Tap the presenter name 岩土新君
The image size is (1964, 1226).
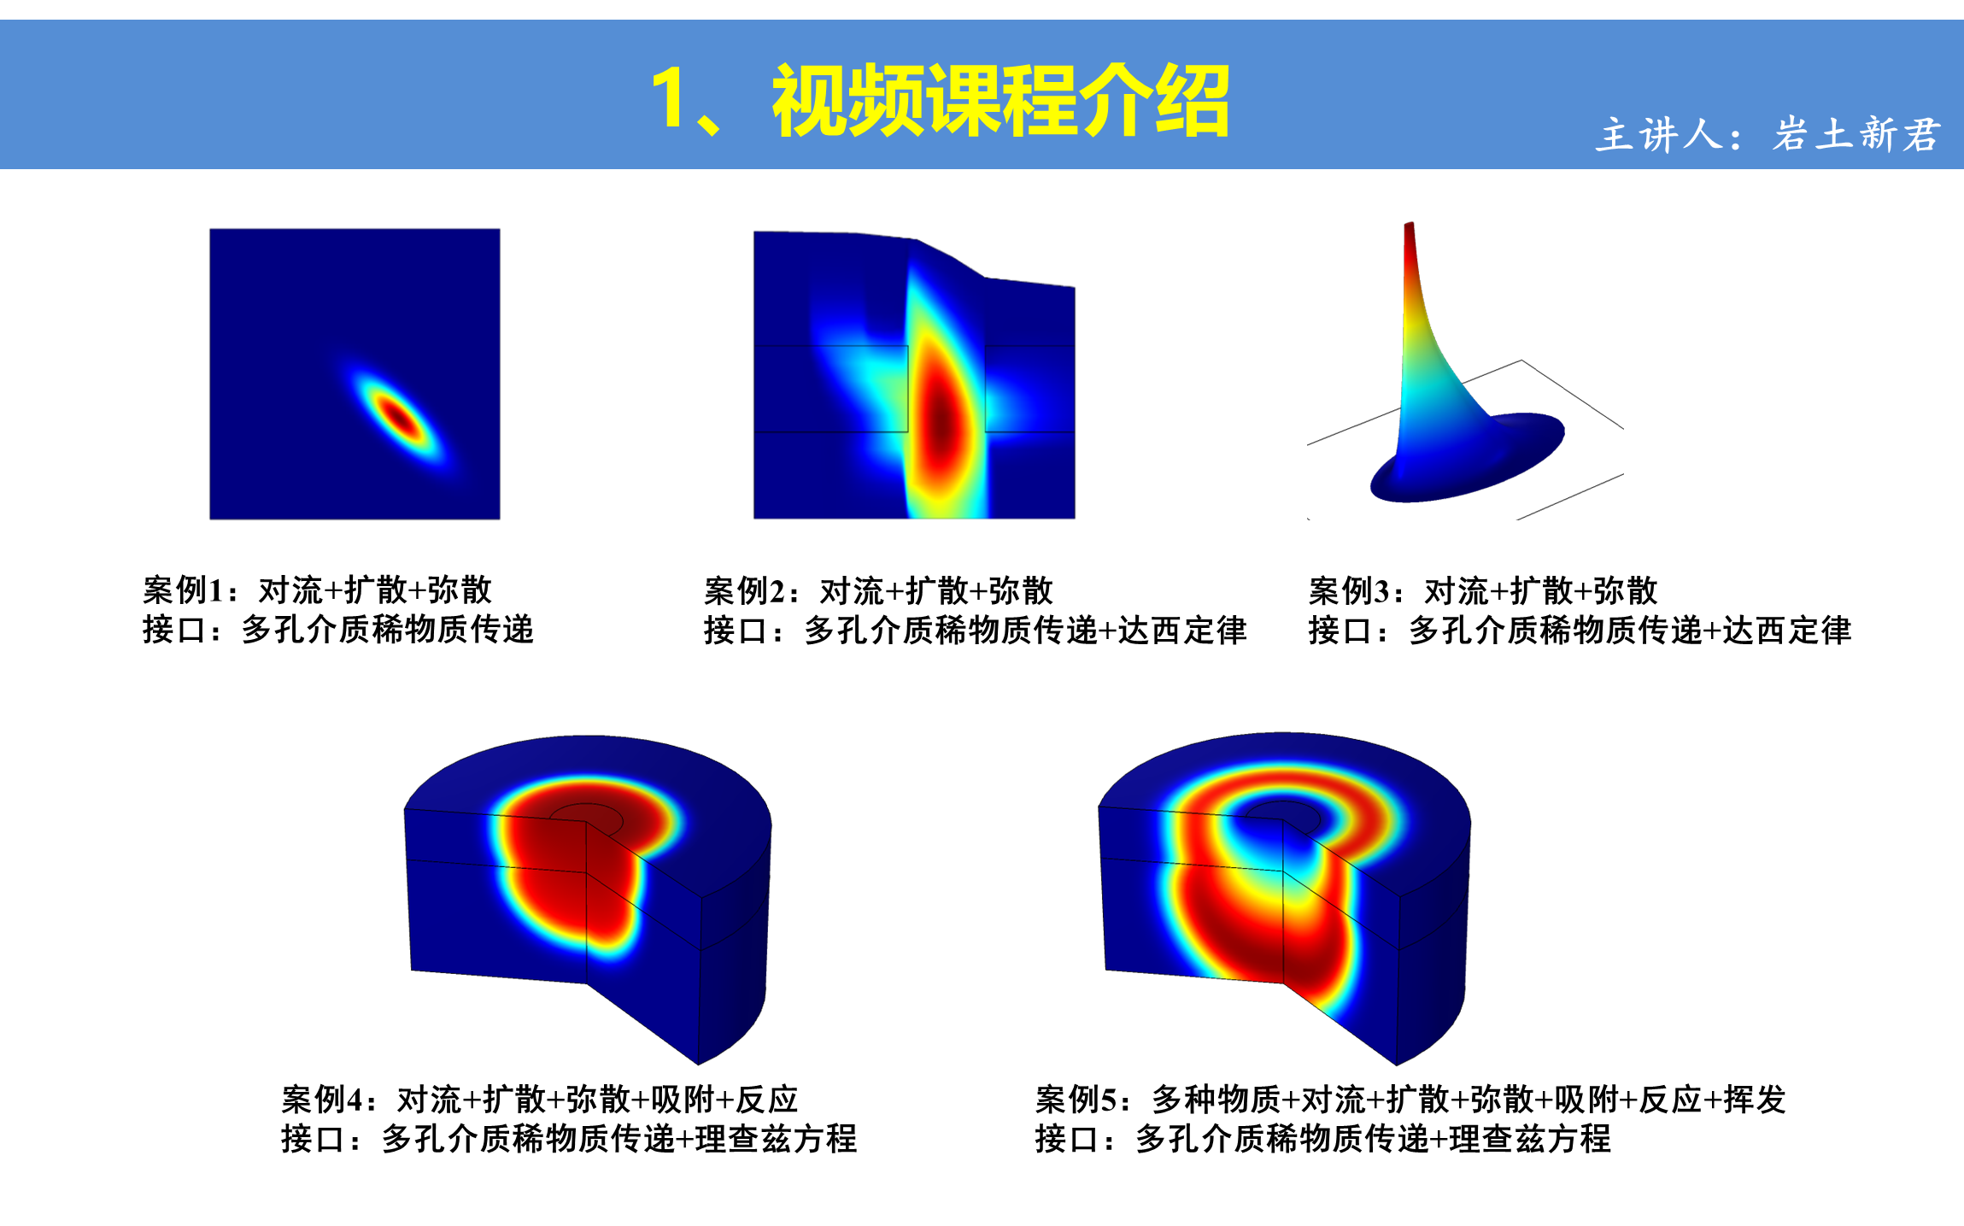[x=1856, y=135]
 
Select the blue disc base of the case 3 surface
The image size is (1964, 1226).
[x=1468, y=461]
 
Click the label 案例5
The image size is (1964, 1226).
[x=1076, y=1100]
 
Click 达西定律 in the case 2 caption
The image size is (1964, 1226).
[x=1182, y=631]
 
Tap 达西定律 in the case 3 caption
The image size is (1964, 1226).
[x=1787, y=631]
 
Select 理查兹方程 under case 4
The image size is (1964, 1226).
[x=776, y=1139]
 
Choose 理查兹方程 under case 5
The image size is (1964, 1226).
[x=1530, y=1139]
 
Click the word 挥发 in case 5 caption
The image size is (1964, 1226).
[x=1755, y=1100]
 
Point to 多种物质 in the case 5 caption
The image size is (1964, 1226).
[x=1217, y=1100]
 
